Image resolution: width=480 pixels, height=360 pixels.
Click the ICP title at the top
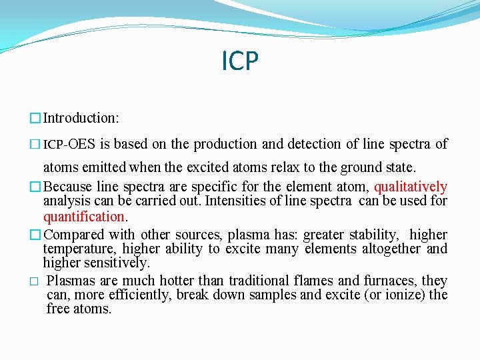(239, 61)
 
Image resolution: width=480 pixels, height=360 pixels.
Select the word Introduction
(79, 118)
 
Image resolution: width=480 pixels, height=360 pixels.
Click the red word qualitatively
(411, 187)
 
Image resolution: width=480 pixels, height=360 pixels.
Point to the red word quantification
(84, 216)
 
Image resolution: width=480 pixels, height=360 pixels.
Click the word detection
(313, 144)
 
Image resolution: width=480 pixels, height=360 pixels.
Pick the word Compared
(73, 235)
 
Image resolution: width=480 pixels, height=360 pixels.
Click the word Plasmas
(72, 281)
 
